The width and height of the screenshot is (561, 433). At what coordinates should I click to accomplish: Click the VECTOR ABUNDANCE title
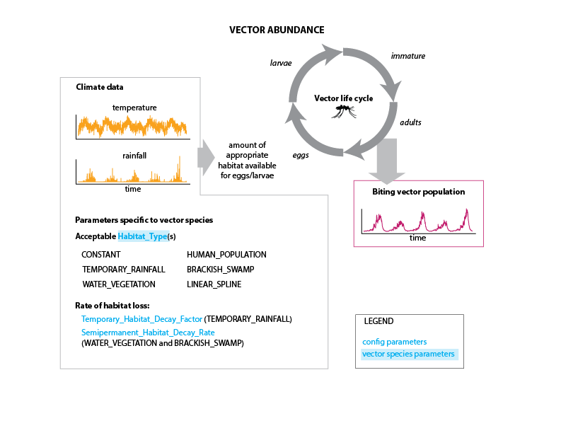click(x=277, y=30)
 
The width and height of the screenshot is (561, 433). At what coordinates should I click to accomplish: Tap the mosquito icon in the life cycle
click(x=345, y=110)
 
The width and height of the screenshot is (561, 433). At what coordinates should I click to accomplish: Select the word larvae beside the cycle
click(x=281, y=63)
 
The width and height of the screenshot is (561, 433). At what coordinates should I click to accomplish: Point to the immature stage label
click(x=408, y=56)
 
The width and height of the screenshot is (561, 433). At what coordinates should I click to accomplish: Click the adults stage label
click(x=410, y=122)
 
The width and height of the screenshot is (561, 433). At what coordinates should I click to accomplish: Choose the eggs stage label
click(x=300, y=155)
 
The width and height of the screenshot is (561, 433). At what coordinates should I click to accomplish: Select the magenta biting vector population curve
click(x=418, y=221)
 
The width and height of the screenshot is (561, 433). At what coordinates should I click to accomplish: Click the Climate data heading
click(x=99, y=87)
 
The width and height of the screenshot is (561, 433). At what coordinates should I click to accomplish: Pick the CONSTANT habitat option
click(x=101, y=254)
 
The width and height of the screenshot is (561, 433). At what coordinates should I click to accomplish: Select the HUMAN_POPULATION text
click(x=226, y=254)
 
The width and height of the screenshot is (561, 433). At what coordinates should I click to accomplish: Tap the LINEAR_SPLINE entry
click(x=214, y=284)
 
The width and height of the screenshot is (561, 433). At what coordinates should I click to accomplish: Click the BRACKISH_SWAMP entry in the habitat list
click(x=220, y=270)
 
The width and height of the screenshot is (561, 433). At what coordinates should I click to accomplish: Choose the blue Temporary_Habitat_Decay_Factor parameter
click(x=141, y=319)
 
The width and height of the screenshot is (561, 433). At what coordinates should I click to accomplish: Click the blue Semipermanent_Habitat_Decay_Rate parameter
click(x=148, y=332)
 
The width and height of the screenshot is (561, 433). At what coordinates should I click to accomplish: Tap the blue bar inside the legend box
click(x=410, y=354)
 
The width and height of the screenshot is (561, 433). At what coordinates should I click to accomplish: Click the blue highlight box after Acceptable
click(x=141, y=236)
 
